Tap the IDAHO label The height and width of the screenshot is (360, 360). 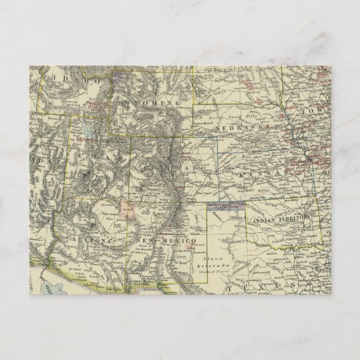71,80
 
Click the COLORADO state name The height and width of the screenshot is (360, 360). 174,167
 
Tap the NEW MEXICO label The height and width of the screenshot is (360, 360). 166,242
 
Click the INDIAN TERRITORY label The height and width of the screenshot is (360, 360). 283,219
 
